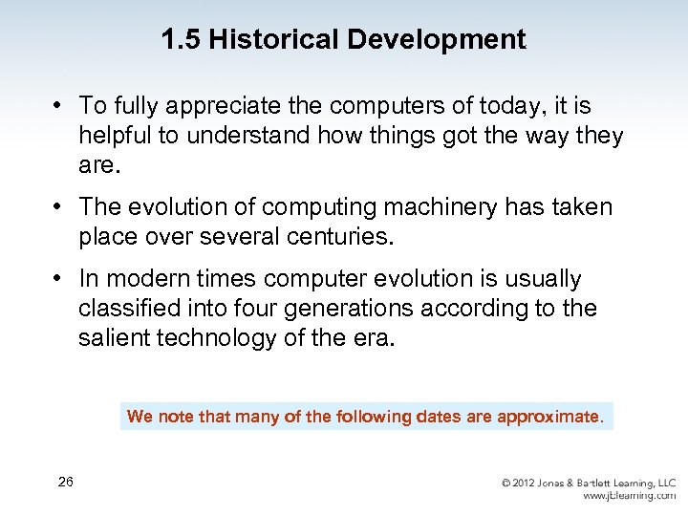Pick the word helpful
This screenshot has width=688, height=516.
click(x=116, y=136)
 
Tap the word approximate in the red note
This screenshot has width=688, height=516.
click(x=549, y=417)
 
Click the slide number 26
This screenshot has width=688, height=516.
click(x=65, y=482)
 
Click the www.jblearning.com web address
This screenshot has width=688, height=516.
click(x=629, y=496)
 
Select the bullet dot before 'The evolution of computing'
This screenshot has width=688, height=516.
click(x=59, y=206)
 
